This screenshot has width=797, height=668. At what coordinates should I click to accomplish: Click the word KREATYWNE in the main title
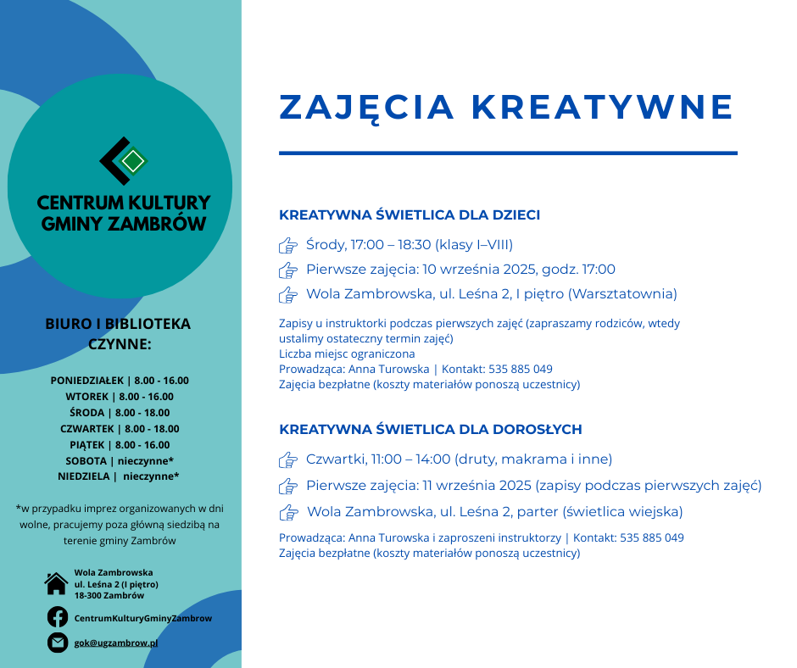tap(602, 108)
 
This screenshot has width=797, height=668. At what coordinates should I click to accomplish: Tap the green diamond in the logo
tap(132, 160)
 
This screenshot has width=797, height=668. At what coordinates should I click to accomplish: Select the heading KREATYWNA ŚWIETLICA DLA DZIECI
tap(410, 215)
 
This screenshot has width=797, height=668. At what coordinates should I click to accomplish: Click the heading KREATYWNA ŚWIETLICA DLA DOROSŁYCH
tap(431, 430)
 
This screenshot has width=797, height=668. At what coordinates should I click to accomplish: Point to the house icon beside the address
tap(57, 583)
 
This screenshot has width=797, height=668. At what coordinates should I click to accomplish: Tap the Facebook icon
tap(57, 617)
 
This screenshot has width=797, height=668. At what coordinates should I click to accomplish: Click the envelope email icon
tap(57, 643)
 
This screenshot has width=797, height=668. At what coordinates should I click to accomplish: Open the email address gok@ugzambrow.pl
tap(116, 643)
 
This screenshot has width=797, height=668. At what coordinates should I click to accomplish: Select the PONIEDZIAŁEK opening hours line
tap(120, 381)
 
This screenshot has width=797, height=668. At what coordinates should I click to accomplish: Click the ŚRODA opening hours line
tap(120, 413)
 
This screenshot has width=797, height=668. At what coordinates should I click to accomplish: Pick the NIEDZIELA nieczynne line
tap(119, 476)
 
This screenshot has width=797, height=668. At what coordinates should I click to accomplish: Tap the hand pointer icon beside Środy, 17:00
tap(288, 246)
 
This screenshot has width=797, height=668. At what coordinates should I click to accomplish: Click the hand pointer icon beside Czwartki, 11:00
tap(288, 460)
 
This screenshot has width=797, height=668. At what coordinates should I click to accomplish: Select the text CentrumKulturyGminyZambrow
tap(143, 618)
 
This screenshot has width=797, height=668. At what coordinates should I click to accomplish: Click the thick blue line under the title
tap(508, 153)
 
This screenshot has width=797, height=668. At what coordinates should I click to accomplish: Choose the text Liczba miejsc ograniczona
tap(347, 353)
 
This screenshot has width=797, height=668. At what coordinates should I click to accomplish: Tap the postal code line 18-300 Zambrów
tap(109, 595)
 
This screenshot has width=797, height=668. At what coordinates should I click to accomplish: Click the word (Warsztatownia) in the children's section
tap(622, 294)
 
